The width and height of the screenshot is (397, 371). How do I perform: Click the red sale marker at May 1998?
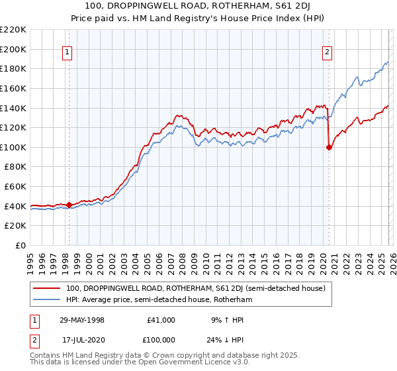(x=69, y=205)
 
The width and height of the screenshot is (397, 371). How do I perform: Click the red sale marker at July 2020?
(x=329, y=148)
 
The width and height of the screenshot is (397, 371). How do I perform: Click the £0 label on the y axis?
(x=20, y=245)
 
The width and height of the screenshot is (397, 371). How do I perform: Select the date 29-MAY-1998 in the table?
(x=83, y=320)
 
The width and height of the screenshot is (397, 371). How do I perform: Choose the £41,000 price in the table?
(x=161, y=320)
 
